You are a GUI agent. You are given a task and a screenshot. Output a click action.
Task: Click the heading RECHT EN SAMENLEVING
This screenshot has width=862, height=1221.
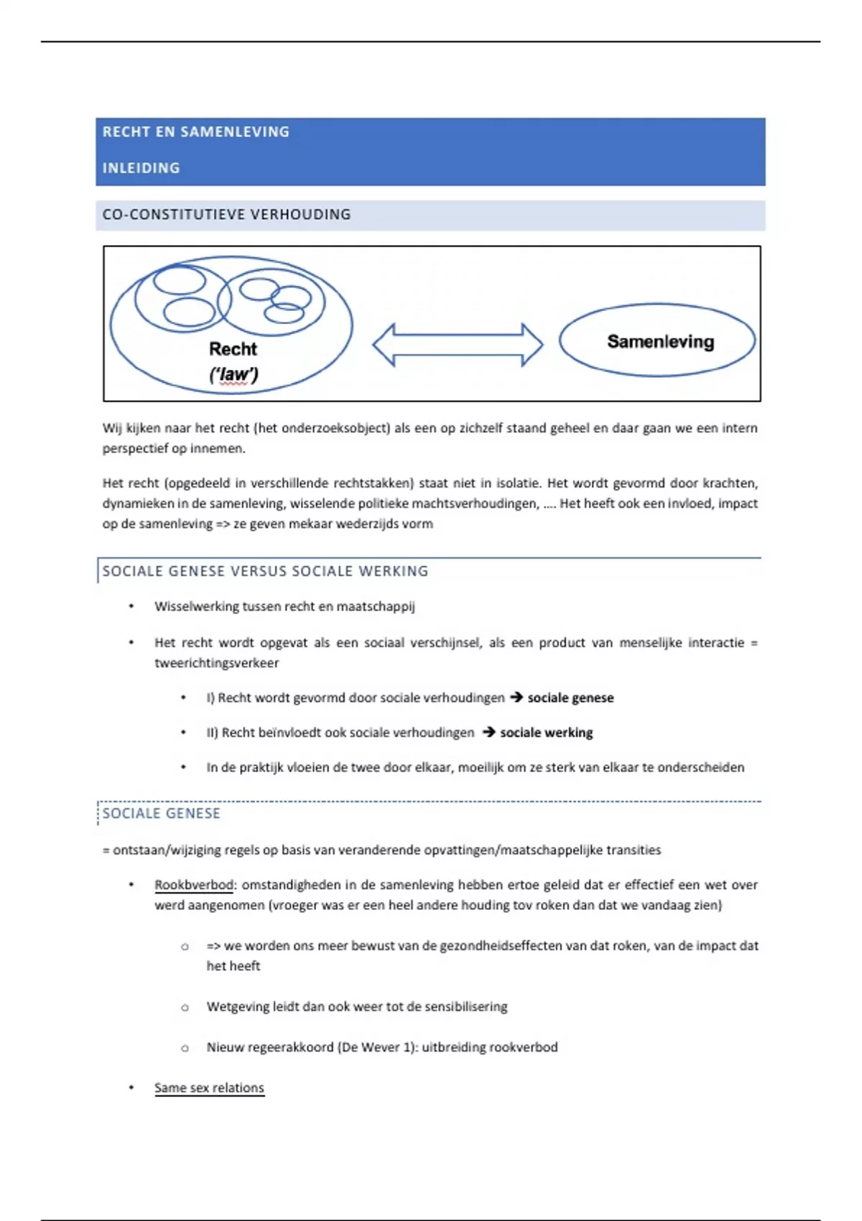(x=195, y=132)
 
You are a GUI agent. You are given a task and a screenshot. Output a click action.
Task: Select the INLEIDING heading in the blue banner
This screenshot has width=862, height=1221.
(x=141, y=168)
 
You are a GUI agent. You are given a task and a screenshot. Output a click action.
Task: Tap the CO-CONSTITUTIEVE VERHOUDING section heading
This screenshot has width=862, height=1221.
(x=226, y=215)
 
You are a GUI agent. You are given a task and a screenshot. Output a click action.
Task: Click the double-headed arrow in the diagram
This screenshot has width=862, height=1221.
(x=458, y=345)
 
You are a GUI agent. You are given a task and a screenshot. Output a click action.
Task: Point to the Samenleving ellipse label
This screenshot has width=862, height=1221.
(x=660, y=342)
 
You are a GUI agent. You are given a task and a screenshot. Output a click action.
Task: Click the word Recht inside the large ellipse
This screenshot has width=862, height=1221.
(x=233, y=349)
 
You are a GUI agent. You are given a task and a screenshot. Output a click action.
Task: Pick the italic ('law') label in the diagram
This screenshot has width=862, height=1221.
(x=233, y=374)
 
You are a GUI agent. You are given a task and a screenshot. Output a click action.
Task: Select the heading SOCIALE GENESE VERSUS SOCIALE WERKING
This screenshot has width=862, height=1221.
(x=265, y=571)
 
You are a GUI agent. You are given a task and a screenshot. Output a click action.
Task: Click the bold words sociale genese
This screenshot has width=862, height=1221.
(x=570, y=698)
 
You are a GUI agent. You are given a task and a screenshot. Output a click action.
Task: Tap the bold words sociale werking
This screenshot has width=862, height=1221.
(x=546, y=733)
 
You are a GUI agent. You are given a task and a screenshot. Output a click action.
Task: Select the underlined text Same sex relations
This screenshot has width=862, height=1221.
(x=209, y=1088)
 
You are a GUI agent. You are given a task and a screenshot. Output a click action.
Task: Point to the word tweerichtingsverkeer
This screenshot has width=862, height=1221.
(x=216, y=663)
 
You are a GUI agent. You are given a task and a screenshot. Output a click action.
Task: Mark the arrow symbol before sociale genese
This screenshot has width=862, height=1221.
(x=516, y=697)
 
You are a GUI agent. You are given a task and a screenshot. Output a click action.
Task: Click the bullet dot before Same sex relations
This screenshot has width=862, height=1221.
(x=131, y=1087)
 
